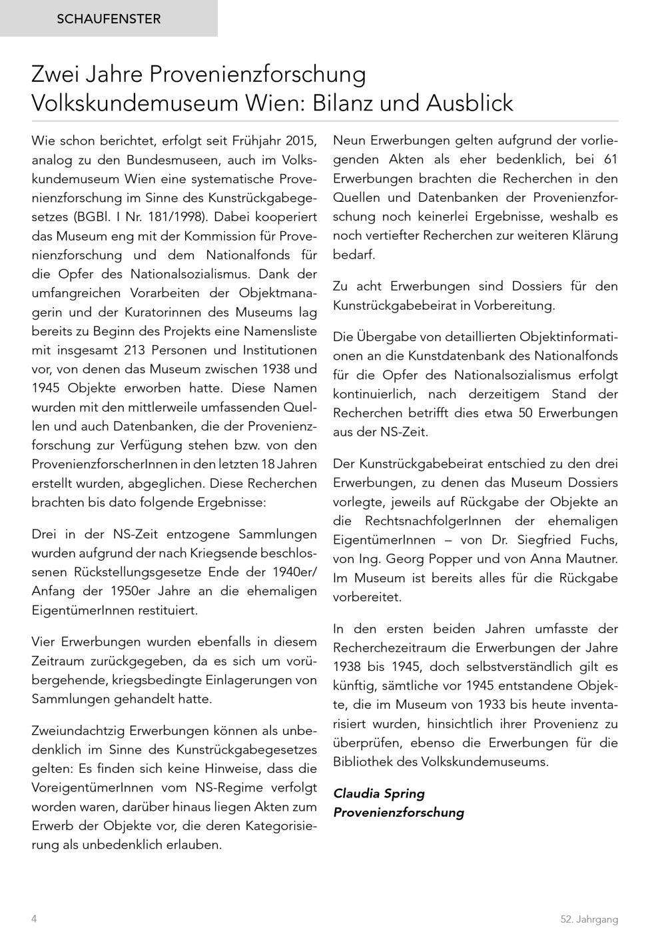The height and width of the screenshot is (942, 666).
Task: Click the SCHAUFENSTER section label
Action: point(109,19)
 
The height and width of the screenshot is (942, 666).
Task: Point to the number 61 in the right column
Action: point(610,159)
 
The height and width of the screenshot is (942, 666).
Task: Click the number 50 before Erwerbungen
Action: point(525,412)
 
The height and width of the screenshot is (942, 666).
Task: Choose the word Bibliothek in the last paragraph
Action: point(363,761)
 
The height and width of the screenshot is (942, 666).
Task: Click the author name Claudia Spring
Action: point(378,793)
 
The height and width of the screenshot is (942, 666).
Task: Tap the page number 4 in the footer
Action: point(34,919)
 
